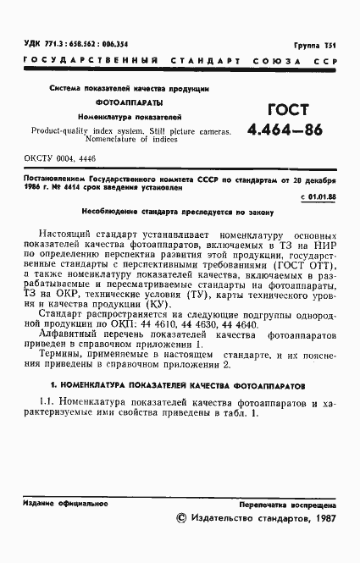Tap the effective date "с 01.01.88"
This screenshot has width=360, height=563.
(x=318, y=196)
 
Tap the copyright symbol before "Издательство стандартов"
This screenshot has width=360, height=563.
(x=179, y=516)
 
